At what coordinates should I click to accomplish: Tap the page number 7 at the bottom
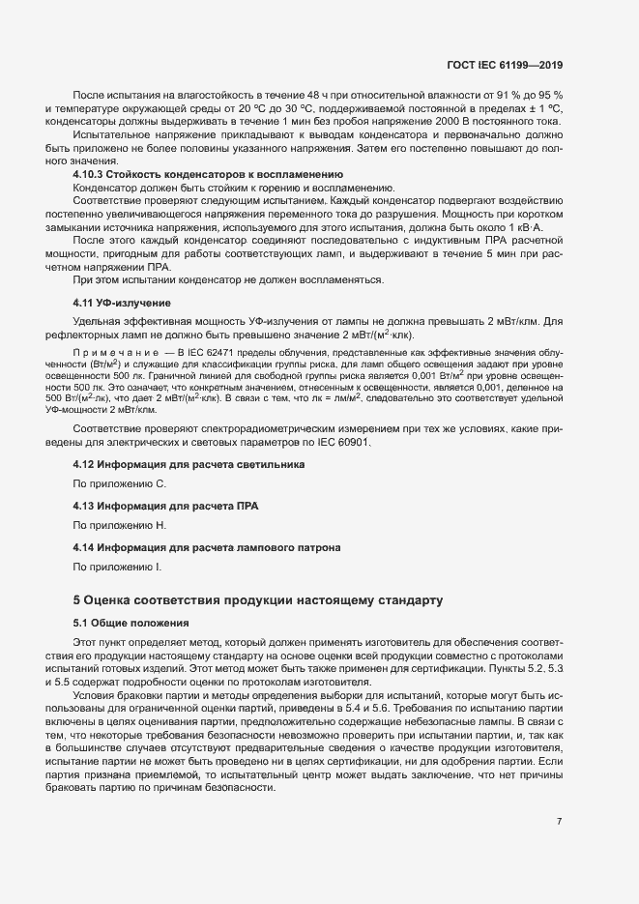tap(560, 822)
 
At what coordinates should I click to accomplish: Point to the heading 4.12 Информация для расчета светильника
tap(189, 464)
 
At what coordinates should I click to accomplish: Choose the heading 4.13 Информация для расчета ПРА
tap(166, 506)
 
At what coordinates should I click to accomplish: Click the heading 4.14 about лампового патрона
tap(206, 548)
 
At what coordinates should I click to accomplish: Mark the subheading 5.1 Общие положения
tap(131, 622)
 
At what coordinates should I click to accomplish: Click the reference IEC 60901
tap(356, 442)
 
